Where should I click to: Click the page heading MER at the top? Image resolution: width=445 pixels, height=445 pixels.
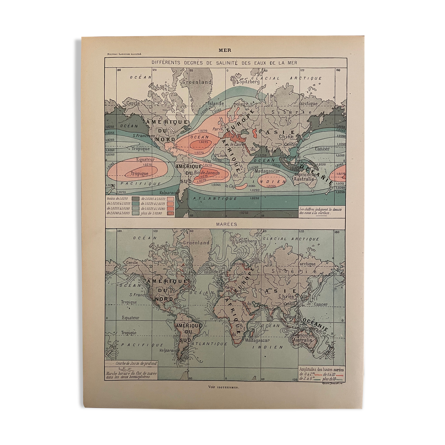click(x=225, y=50)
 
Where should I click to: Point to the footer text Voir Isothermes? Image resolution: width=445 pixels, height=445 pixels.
click(x=224, y=387)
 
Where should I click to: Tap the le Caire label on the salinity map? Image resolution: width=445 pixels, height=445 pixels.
click(x=237, y=144)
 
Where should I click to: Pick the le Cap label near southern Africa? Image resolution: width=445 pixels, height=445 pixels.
click(x=231, y=186)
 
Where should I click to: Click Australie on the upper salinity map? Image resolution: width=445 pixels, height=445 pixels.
click(x=304, y=179)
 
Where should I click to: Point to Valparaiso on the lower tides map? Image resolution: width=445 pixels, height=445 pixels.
click(x=167, y=351)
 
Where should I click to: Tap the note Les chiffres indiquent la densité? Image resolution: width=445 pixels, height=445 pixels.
click(x=320, y=209)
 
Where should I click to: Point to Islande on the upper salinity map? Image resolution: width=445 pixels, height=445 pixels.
click(x=216, y=103)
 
